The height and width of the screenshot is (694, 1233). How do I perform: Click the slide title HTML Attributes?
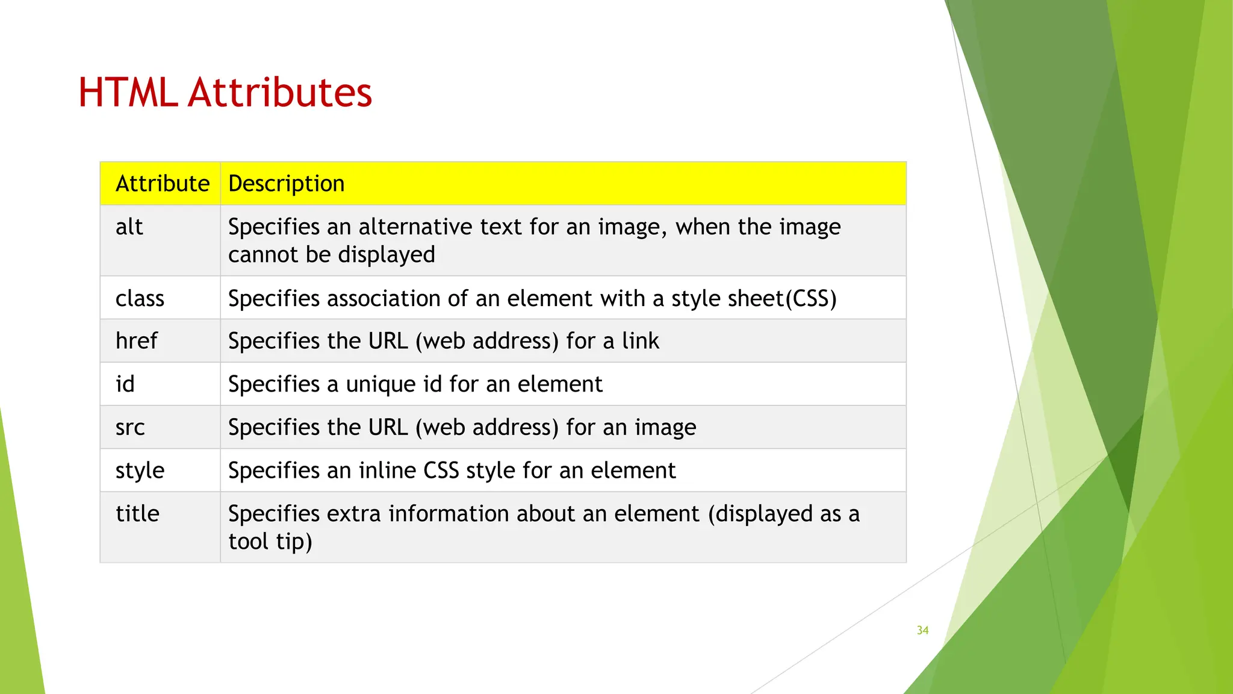point(225,93)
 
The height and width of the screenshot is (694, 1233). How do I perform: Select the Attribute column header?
point(163,184)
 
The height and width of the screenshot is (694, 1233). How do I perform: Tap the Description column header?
point(287,184)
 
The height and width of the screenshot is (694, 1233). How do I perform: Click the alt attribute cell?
point(129,227)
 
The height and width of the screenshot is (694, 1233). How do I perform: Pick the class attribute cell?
point(140,299)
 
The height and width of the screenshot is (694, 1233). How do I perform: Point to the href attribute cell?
point(137,341)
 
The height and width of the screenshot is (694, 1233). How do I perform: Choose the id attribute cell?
point(125,384)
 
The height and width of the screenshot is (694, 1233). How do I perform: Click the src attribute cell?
point(130,428)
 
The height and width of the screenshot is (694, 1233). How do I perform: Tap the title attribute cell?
point(137,514)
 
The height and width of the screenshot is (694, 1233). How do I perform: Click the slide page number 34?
point(922,630)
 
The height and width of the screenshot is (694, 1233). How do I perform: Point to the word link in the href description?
point(641,341)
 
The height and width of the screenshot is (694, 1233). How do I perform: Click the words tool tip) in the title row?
point(270,542)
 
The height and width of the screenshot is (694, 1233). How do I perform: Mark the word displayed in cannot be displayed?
point(387,255)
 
